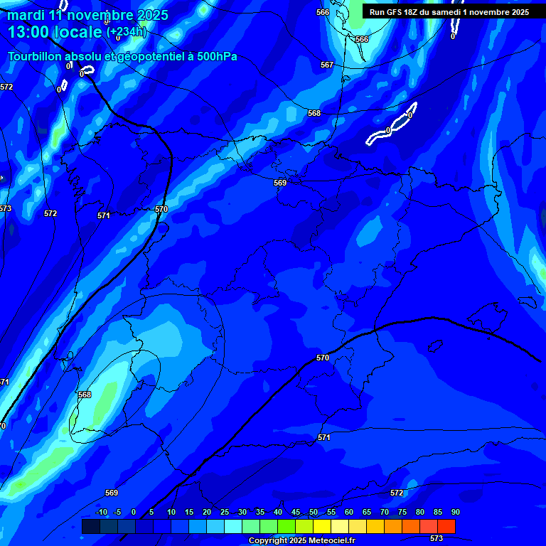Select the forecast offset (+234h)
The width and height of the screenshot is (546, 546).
coord(126,32)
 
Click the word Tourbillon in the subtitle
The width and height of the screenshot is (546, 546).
coord(36,57)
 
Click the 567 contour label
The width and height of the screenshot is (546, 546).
coord(326,65)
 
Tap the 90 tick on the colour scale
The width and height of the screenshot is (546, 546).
coord(455,512)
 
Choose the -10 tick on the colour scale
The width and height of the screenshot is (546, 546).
coord(101,512)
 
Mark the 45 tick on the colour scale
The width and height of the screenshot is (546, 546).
coord(296,512)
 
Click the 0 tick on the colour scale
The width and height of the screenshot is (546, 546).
coord(134,512)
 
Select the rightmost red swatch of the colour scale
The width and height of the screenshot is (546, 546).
coord(446,526)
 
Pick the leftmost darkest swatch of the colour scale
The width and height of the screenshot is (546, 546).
coord(90,526)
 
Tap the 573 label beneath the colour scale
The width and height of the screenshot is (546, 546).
coord(437,538)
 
